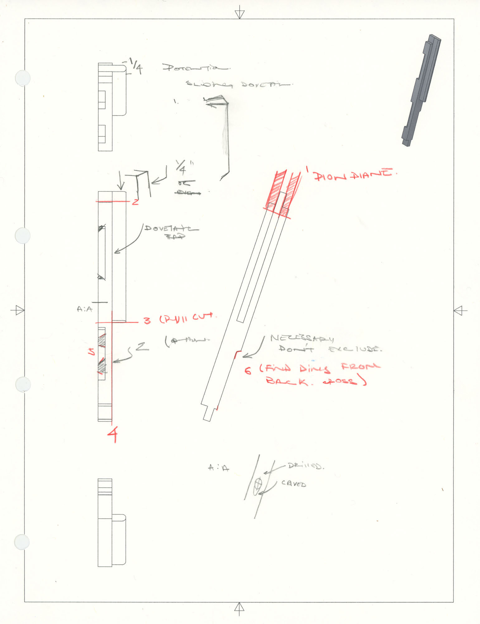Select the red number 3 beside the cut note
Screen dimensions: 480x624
pyautogui.click(x=147, y=320)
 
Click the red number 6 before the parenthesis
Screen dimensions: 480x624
pyautogui.click(x=248, y=371)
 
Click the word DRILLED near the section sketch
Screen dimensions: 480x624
pyautogui.click(x=306, y=466)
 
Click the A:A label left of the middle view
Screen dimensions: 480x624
pyautogui.click(x=84, y=309)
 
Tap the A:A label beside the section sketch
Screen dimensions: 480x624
pyautogui.click(x=218, y=468)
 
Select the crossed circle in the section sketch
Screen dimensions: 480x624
pyautogui.click(x=258, y=485)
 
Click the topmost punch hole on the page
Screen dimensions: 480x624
pyautogui.click(x=23, y=78)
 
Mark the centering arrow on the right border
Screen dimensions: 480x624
pyautogui.click(x=459, y=310)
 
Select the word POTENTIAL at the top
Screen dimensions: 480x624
pyautogui.click(x=196, y=68)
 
